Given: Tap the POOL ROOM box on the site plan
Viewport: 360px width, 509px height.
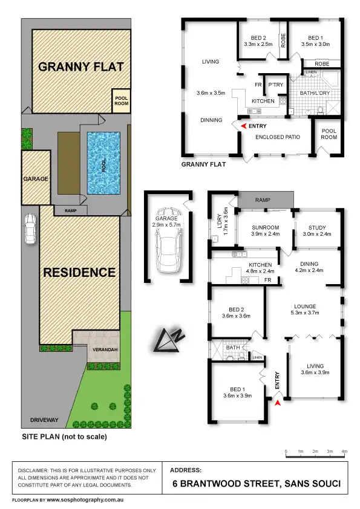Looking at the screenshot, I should tap(122, 100).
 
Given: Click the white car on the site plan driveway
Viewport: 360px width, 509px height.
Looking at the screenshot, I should tap(30, 229).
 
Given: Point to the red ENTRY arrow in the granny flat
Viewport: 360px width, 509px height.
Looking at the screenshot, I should tap(243, 126).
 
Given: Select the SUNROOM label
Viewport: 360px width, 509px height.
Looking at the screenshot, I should tap(264, 228).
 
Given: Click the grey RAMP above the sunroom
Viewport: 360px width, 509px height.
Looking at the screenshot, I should tap(263, 199).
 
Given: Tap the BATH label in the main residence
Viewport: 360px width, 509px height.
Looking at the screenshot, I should tap(233, 348).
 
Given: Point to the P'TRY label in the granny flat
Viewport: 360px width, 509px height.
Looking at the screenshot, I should tap(277, 85).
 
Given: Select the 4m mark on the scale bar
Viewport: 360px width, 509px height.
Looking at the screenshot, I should tap(344, 452).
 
